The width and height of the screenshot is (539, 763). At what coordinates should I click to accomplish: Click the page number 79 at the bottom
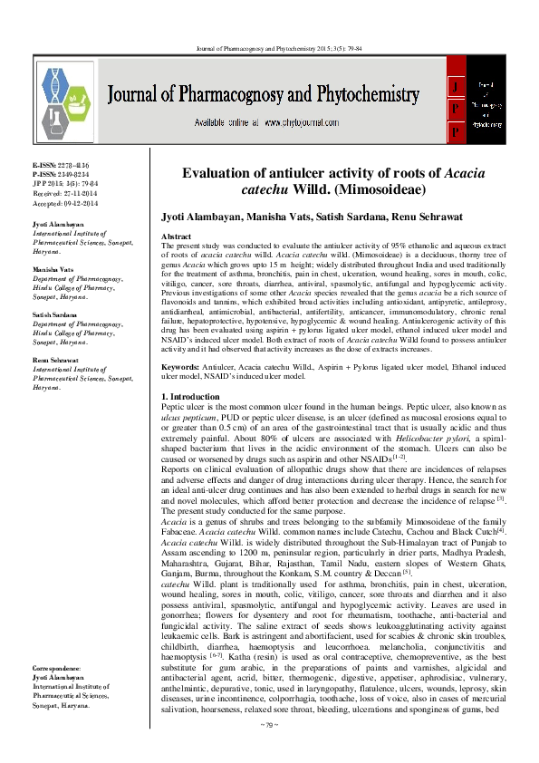269,751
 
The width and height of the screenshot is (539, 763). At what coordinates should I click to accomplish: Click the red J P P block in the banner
456,110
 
